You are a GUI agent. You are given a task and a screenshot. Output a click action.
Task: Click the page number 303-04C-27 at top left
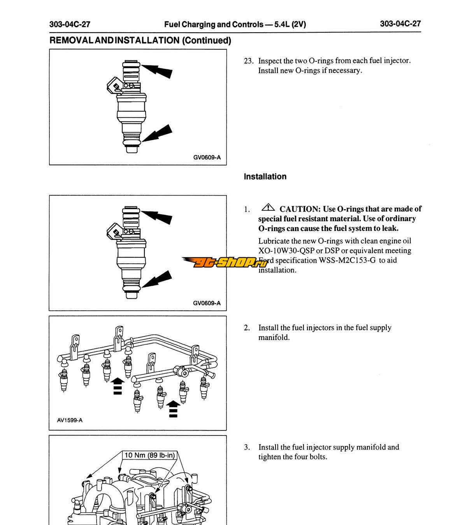coord(70,24)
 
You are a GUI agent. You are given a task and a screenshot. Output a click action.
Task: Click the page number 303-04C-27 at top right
coord(400,24)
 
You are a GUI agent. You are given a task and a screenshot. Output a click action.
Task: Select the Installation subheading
coord(265,177)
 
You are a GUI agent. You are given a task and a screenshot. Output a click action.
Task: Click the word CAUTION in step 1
coord(300,209)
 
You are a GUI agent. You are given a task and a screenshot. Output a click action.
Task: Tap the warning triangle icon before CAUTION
coord(268,208)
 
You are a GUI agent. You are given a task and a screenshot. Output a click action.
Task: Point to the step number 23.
coord(248,61)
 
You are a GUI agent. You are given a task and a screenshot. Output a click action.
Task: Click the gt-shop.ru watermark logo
coord(225,262)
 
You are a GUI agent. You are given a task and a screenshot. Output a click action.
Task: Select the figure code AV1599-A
coord(67,420)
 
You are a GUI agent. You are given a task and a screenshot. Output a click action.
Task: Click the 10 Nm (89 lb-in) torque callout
coord(150,455)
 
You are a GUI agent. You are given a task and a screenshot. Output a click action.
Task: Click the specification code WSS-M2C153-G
coord(347,261)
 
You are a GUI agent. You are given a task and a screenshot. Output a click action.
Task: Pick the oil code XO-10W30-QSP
coord(286,251)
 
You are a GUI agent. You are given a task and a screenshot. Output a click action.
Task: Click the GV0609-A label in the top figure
coord(207,157)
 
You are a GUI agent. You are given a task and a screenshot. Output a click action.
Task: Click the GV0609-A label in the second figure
coord(207,303)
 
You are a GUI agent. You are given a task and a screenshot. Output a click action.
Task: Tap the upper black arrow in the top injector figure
coord(158,70)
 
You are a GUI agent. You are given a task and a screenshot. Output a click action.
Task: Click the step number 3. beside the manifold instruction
coord(247,447)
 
